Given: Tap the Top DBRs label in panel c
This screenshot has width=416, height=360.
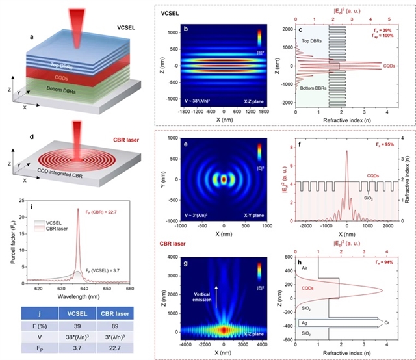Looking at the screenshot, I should [312, 41].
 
